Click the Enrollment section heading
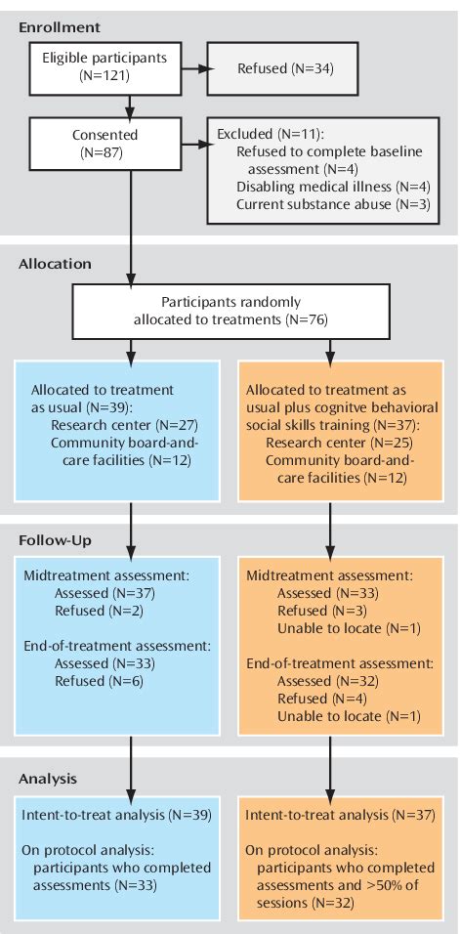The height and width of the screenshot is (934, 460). (59, 26)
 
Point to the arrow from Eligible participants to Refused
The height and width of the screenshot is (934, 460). (187, 68)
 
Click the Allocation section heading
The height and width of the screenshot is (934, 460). (55, 265)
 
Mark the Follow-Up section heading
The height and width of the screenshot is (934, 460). (56, 539)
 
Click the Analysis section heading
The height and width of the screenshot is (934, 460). (49, 778)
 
